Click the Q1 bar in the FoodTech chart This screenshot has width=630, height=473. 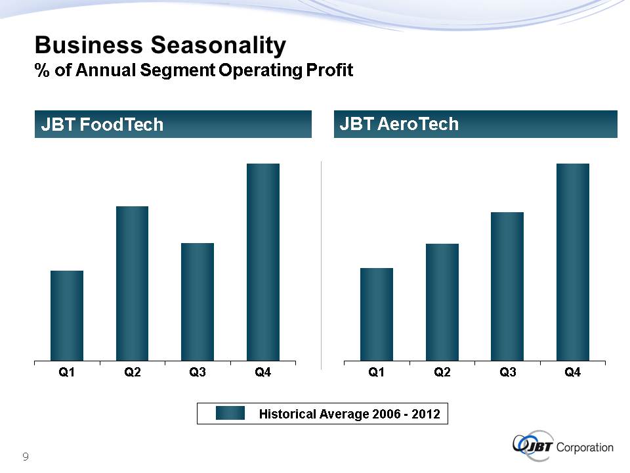point(67,315)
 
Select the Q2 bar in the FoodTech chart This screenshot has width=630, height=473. point(132,283)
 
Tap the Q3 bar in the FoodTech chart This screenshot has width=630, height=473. point(198,302)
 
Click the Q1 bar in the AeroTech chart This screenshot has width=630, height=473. point(377,314)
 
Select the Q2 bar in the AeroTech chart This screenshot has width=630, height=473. point(442,302)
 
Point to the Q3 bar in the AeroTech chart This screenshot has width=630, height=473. point(507,286)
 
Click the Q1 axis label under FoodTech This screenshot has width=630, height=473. point(67,373)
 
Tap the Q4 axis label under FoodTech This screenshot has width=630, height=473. point(263,373)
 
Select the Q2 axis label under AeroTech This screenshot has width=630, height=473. point(442,373)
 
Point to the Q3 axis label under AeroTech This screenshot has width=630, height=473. point(507,373)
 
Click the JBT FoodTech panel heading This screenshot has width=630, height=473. point(102,125)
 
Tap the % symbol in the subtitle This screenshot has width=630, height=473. point(43,71)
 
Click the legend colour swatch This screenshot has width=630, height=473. point(230,413)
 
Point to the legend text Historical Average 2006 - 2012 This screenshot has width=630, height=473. point(349,414)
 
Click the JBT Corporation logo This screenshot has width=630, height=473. point(563,447)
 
